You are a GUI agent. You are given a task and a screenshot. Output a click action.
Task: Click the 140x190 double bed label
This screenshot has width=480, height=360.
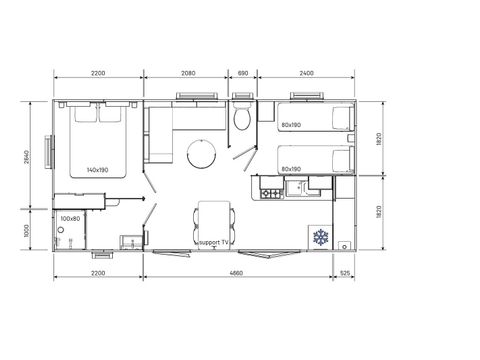coord(98,170)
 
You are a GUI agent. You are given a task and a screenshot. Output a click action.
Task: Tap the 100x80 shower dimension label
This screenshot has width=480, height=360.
coord(69,217)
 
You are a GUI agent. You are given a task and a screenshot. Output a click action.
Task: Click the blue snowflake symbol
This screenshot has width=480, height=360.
coord(321,237)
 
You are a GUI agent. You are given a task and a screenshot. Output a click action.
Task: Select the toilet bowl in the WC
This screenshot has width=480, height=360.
coord(241,119)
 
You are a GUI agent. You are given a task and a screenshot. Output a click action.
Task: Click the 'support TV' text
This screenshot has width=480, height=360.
coord(215,243)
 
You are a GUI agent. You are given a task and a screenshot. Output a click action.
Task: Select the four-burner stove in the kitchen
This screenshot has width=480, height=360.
coord(269,187)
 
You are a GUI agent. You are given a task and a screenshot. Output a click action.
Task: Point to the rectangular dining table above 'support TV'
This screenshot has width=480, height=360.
coord(215,215)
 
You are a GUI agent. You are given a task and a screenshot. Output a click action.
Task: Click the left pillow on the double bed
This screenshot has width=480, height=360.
coord(84,114)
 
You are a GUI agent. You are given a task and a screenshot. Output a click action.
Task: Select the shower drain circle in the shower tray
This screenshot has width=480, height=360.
coord(60,229)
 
